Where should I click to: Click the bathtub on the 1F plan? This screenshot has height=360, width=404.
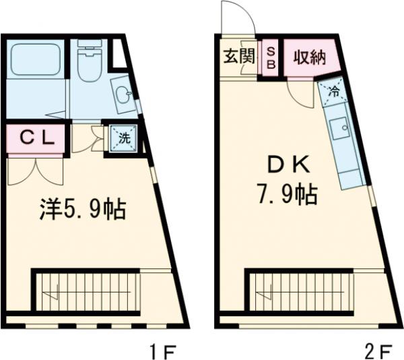click(34, 58)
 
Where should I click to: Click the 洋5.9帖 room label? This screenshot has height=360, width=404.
click(81, 209)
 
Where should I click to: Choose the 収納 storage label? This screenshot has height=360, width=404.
click(309, 57)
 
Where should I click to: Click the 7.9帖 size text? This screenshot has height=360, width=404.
click(286, 195)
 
